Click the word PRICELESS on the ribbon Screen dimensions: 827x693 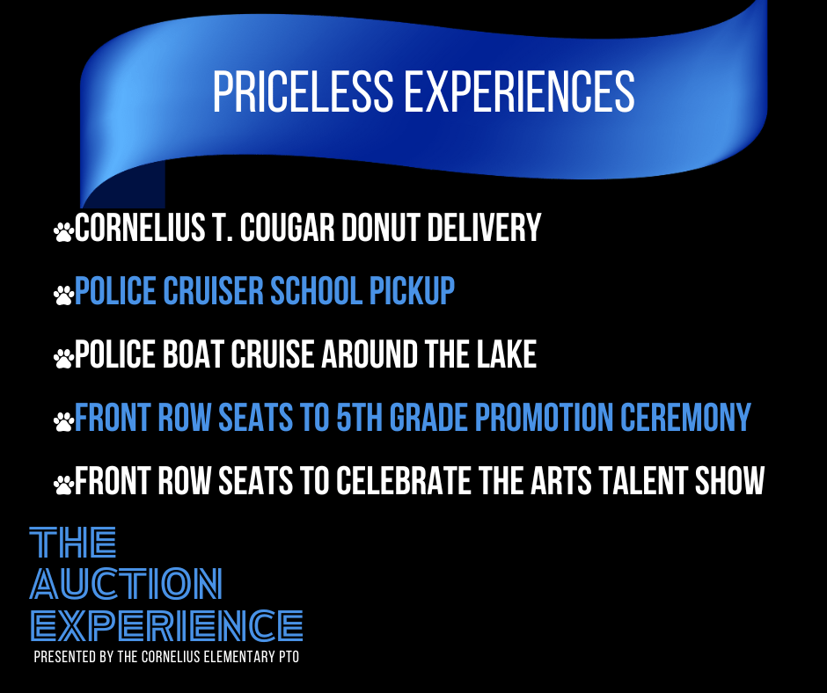pyautogui.click(x=304, y=91)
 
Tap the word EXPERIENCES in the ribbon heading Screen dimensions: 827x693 pyautogui.click(x=519, y=91)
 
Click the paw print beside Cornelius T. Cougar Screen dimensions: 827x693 pyautogui.click(x=63, y=232)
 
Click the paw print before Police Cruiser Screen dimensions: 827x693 pyautogui.click(x=63, y=295)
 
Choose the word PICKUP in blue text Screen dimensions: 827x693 pyautogui.click(x=412, y=290)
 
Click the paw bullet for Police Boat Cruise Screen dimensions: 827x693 pyautogui.click(x=63, y=359)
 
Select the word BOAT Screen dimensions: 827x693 pyautogui.click(x=193, y=354)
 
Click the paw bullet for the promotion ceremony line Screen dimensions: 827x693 pyautogui.click(x=63, y=422)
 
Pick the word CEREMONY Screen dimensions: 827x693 pyautogui.click(x=685, y=417)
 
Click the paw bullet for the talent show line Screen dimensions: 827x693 pyautogui.click(x=63, y=485)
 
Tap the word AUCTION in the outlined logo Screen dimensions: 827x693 pyautogui.click(x=126, y=584)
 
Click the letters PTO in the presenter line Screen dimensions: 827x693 pyautogui.click(x=289, y=657)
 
